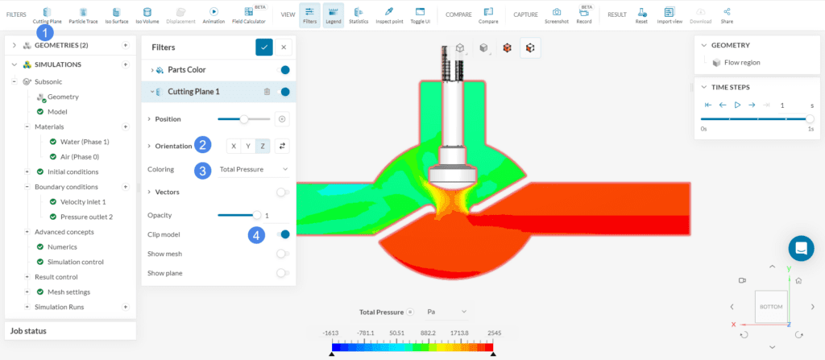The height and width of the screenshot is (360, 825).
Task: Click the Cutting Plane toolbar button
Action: pyautogui.click(x=47, y=14)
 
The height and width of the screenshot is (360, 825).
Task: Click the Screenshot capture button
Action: pyautogui.click(x=556, y=14)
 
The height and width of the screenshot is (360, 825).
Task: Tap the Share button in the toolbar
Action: pyautogui.click(x=728, y=14)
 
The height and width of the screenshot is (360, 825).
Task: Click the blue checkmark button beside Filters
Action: pyautogui.click(x=263, y=48)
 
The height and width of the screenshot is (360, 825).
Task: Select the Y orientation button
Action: pyautogui.click(x=249, y=146)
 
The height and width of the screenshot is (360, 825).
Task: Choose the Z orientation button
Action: pyautogui.click(x=263, y=146)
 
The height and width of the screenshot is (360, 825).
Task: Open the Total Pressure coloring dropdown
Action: pyautogui.click(x=254, y=169)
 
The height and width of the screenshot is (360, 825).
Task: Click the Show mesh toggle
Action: pyautogui.click(x=282, y=254)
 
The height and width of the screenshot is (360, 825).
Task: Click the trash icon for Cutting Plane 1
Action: pyautogui.click(x=267, y=92)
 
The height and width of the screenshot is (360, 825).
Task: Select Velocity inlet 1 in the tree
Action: pyautogui.click(x=83, y=201)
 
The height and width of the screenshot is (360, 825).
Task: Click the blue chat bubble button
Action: pyautogui.click(x=802, y=248)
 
